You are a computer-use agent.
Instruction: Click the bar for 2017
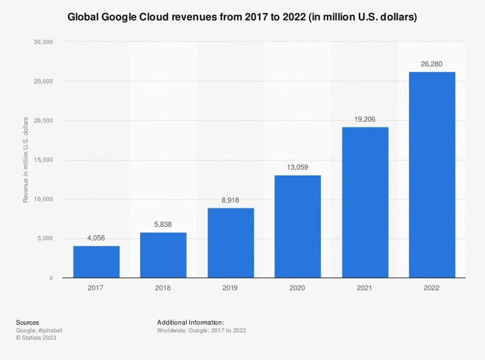96,262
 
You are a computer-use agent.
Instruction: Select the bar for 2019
231,243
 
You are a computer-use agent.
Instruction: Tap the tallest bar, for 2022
432,174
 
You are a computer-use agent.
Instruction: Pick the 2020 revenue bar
297,226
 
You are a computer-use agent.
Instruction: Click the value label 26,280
432,64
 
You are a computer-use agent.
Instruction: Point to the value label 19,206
364,119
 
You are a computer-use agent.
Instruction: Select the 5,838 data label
164,224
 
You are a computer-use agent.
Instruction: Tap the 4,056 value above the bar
96,238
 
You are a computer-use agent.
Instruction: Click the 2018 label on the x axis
164,288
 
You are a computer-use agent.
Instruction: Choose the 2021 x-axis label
364,288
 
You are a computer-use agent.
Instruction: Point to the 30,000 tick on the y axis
43,42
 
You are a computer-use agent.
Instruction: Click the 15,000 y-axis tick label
43,160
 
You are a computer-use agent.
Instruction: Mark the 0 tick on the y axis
51,278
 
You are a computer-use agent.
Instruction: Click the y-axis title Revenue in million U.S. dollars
26,160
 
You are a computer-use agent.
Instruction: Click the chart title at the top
242,16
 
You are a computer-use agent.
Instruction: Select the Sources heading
28,322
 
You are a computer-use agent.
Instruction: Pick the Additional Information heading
191,322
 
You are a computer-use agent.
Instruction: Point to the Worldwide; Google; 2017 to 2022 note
202,330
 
